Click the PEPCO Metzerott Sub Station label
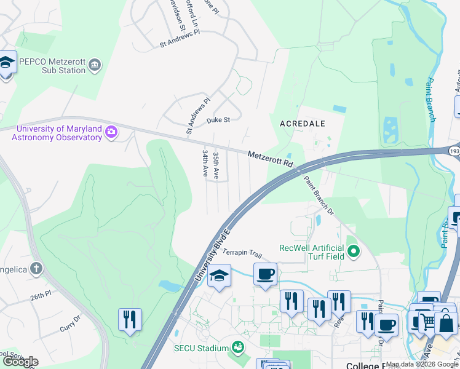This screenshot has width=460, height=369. click(x=44, y=66)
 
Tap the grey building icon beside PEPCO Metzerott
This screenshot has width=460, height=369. click(x=95, y=65)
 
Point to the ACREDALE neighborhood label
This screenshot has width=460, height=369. click(x=302, y=124)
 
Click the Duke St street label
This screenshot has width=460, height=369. click(x=218, y=120)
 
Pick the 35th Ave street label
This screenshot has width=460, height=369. click(x=216, y=165)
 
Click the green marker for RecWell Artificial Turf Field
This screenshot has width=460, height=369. click(x=353, y=251)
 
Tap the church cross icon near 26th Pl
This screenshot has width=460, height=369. click(x=37, y=268)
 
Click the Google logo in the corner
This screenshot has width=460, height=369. click(x=20, y=362)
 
